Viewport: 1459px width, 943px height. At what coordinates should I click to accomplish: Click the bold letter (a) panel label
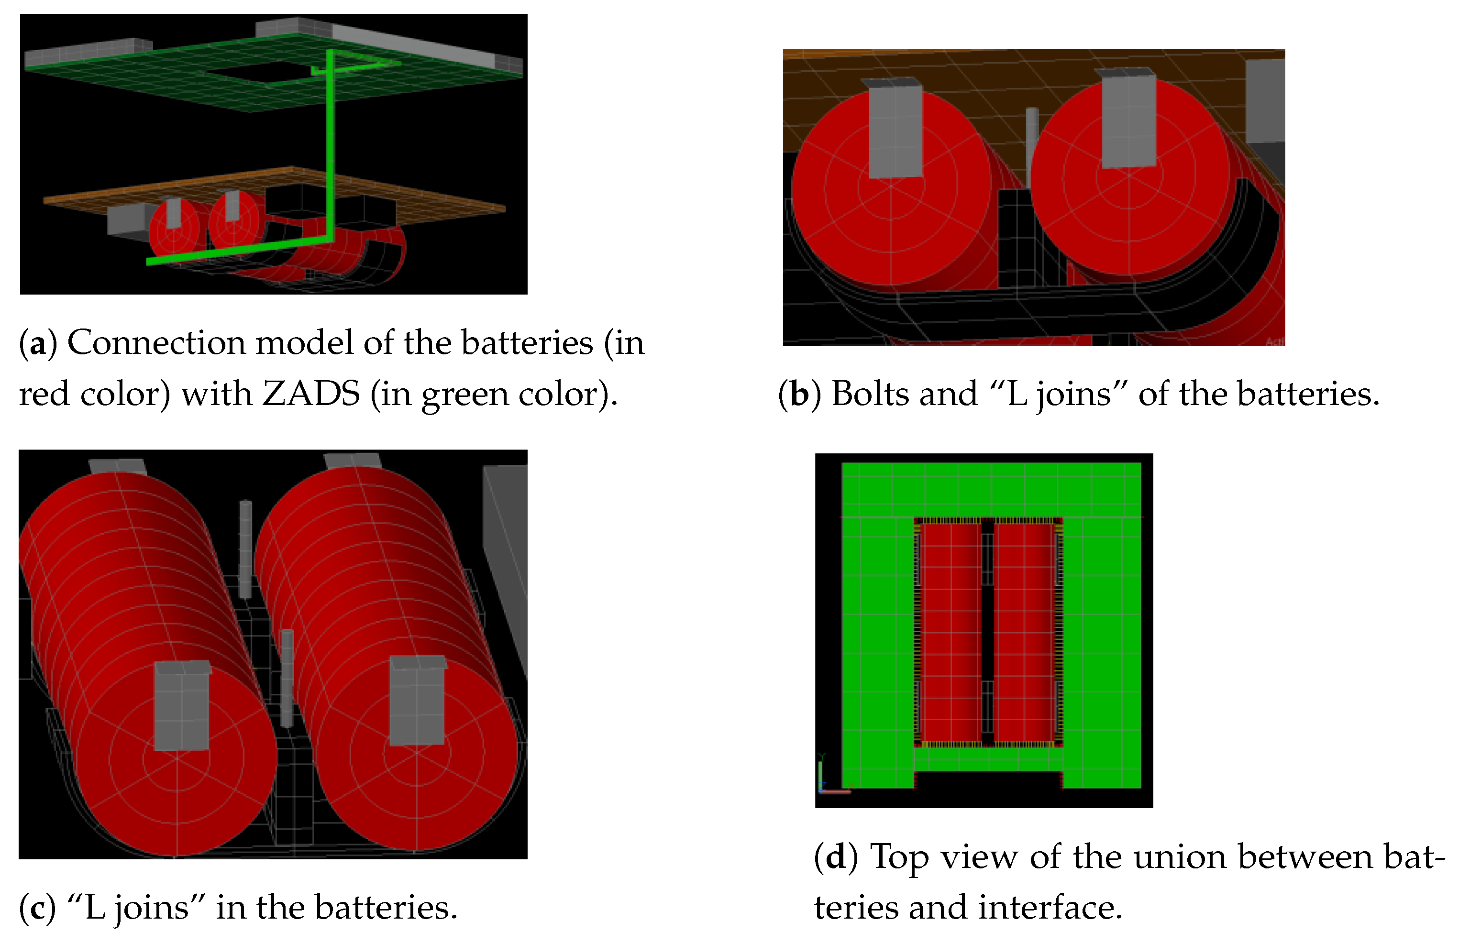pyautogui.click(x=38, y=343)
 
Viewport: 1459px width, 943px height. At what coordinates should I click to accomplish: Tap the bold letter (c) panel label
pyautogui.click(x=37, y=908)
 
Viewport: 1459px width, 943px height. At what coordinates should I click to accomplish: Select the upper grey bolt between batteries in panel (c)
pyautogui.click(x=245, y=548)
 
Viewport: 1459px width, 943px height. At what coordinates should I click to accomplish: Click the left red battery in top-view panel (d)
pyautogui.click(x=950, y=631)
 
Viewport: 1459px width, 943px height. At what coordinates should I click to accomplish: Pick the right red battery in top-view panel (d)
pyautogui.click(x=1024, y=631)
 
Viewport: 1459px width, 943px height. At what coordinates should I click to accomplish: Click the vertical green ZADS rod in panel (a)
pyautogui.click(x=331, y=147)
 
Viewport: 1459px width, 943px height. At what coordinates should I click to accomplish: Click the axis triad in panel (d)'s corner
pyautogui.click(x=824, y=781)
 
